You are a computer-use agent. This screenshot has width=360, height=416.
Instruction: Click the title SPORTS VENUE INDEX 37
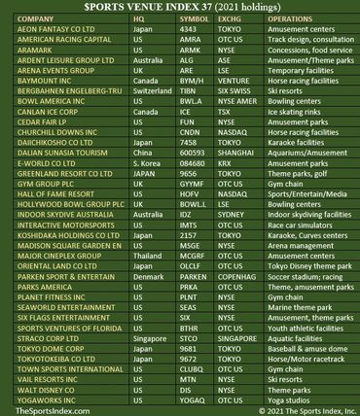pyautogui.click(x=179, y=10)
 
